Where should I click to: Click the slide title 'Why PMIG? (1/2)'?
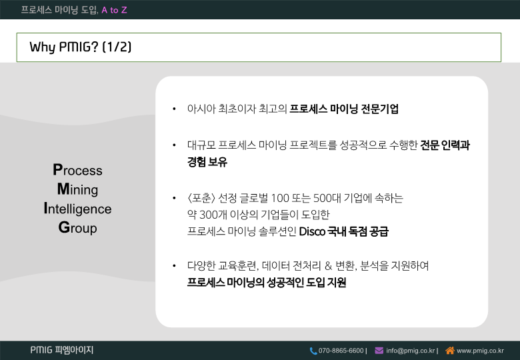tap(80, 47)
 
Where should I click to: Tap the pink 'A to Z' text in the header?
tap(114, 10)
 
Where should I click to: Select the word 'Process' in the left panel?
tap(77, 170)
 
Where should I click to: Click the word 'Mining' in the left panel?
tap(77, 189)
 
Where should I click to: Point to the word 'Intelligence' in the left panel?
tap(77, 209)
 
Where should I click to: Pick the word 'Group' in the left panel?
tap(77, 228)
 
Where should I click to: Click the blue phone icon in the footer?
tap(313, 351)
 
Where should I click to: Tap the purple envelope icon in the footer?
tap(379, 351)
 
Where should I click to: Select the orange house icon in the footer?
tap(450, 350)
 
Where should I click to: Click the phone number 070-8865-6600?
tap(341, 351)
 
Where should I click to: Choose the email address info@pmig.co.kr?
tap(410, 351)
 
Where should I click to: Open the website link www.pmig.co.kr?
tap(480, 351)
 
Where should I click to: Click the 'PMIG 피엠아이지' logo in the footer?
tap(62, 350)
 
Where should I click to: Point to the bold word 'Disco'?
tap(312, 231)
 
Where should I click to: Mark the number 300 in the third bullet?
tap(208, 215)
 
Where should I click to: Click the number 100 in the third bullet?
tap(280, 198)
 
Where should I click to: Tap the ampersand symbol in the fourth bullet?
tap(328, 266)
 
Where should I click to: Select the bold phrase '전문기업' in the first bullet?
tap(380, 109)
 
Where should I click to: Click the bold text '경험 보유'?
tap(207, 162)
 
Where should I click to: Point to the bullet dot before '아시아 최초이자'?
tap(174, 109)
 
